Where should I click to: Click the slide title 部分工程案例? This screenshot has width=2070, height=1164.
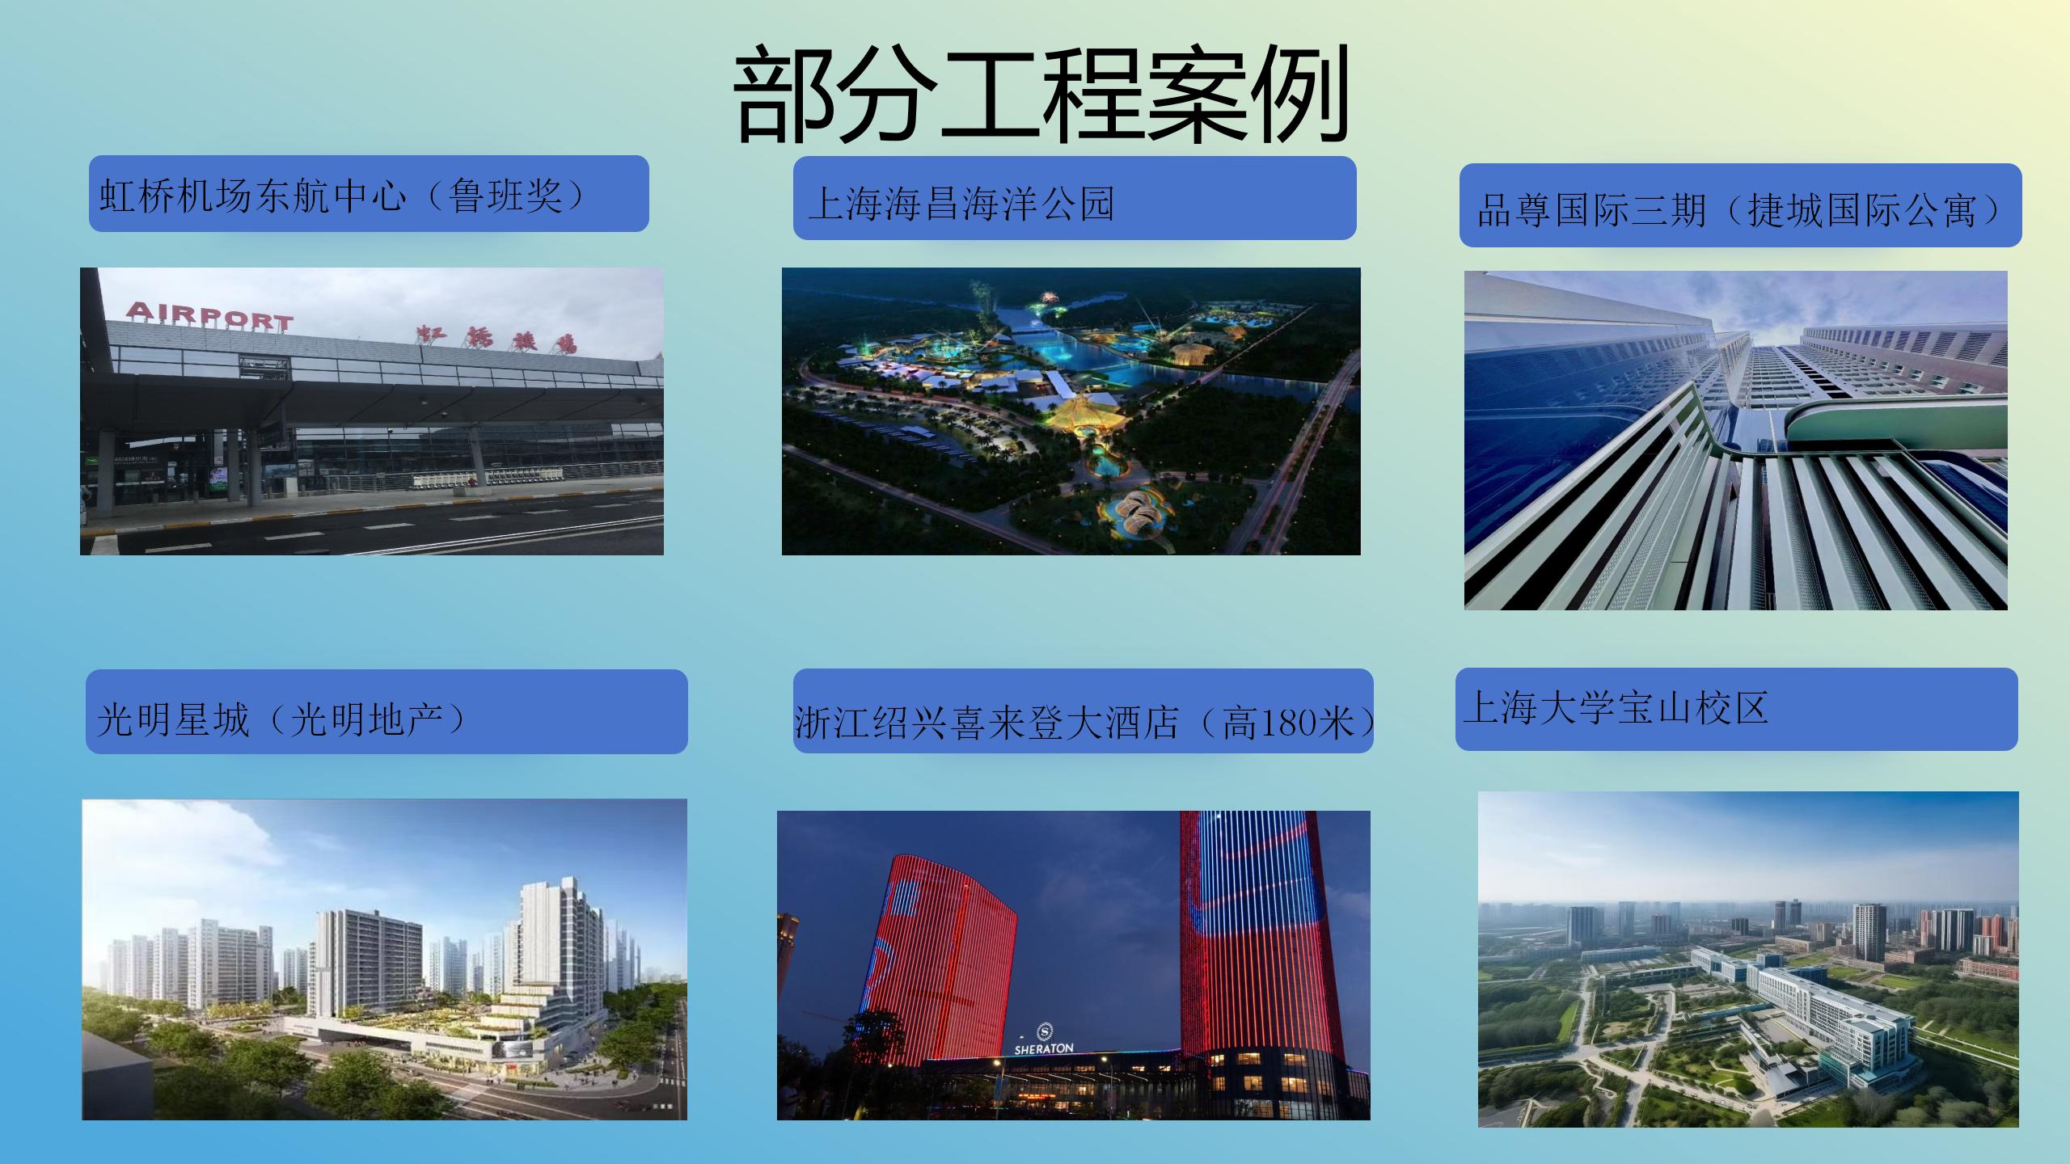1041,95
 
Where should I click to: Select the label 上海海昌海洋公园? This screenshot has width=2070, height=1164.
961,203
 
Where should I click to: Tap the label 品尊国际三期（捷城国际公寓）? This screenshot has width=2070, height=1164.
1738,209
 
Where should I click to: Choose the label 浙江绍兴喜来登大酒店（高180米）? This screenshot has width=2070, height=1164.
1084,722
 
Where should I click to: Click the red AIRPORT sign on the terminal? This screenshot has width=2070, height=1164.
209,315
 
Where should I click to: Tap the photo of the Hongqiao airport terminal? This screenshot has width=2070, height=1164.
372,411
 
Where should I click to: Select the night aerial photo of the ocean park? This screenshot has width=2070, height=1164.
1071,411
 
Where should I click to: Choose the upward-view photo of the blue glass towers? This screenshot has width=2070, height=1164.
1736,441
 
